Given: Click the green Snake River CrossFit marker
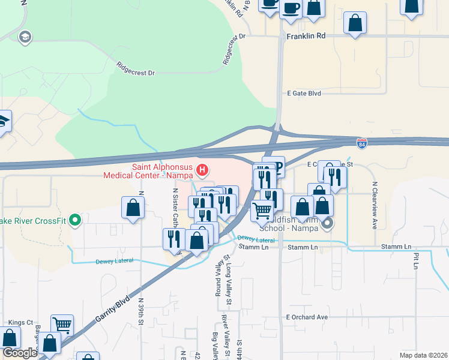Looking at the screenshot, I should pos(74,220).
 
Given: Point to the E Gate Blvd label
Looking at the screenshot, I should pos(304,94).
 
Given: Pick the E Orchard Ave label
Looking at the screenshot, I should pos(307,317).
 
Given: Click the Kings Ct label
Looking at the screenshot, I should pos(21,323).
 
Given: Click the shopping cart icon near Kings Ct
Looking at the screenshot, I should pos(62,325).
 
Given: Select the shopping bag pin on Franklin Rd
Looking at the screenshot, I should pos(355,23).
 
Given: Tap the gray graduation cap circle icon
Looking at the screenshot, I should pos(25,37).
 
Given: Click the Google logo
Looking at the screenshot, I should pos(20,353).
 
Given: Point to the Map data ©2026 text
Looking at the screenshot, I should pos(423,355).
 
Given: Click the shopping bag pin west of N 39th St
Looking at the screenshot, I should pos(133,208).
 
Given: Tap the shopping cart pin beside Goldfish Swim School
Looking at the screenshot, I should pos(262,211).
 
